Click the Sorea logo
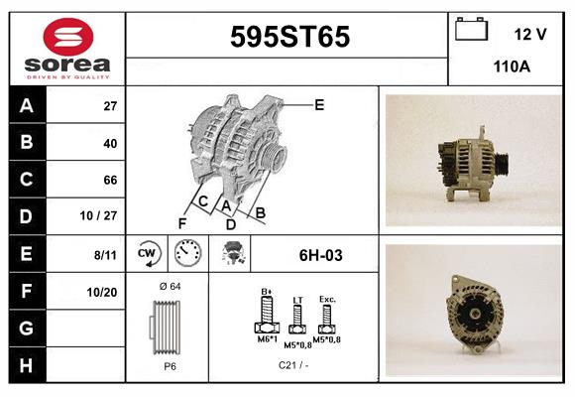[67, 50]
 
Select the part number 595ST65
[289, 38]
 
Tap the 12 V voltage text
[530, 34]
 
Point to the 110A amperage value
[513, 67]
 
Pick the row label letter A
[27, 105]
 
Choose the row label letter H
[27, 364]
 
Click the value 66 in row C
[111, 181]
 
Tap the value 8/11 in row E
[105, 254]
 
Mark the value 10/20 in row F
[103, 292]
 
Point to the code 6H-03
[320, 255]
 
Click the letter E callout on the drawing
[318, 104]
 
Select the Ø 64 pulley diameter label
[169, 287]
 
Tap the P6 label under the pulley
[170, 366]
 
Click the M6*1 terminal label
[267, 339]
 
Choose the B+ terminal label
[266, 291]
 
